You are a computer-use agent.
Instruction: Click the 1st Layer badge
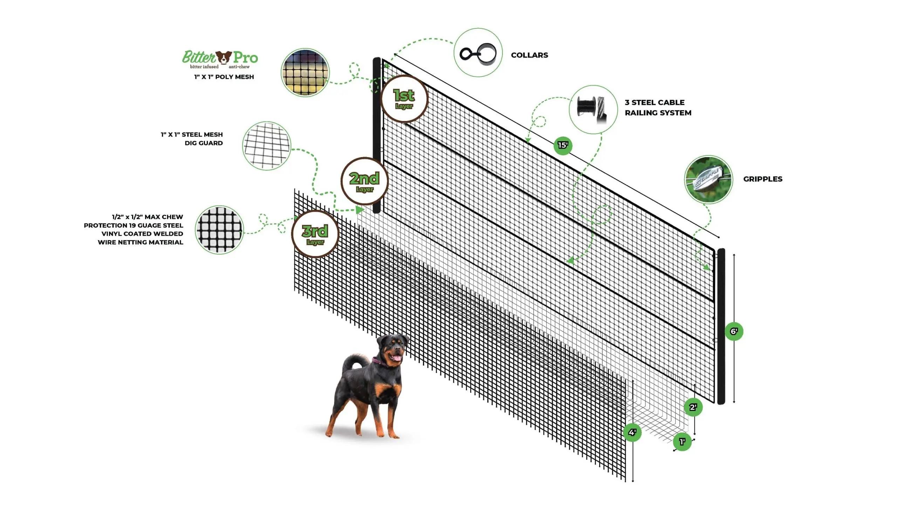pyautogui.click(x=404, y=99)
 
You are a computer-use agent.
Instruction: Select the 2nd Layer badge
pyautogui.click(x=364, y=181)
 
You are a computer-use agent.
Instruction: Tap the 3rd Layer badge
pyautogui.click(x=315, y=234)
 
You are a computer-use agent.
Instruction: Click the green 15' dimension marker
pyautogui.click(x=563, y=145)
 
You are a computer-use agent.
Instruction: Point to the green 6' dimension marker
pyautogui.click(x=734, y=331)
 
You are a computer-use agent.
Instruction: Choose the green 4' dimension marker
pyautogui.click(x=632, y=432)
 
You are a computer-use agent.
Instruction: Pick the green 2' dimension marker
pyautogui.click(x=693, y=407)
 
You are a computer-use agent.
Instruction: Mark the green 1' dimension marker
pyautogui.click(x=682, y=442)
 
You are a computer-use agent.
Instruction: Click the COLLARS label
pyautogui.click(x=529, y=55)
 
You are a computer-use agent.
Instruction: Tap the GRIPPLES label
pyautogui.click(x=762, y=179)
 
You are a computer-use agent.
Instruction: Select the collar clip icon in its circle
pyautogui.click(x=478, y=53)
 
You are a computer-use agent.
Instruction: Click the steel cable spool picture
pyautogui.click(x=593, y=109)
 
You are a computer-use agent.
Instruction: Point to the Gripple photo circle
pyautogui.click(x=708, y=180)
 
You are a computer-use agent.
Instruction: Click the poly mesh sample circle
pyautogui.click(x=306, y=73)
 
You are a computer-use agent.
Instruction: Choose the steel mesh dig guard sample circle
pyautogui.click(x=267, y=146)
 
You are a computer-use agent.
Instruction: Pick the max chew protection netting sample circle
pyautogui.click(x=219, y=230)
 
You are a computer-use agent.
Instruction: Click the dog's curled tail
pyautogui.click(x=352, y=362)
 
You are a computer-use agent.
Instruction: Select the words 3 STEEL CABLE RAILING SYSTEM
pyautogui.click(x=658, y=108)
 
